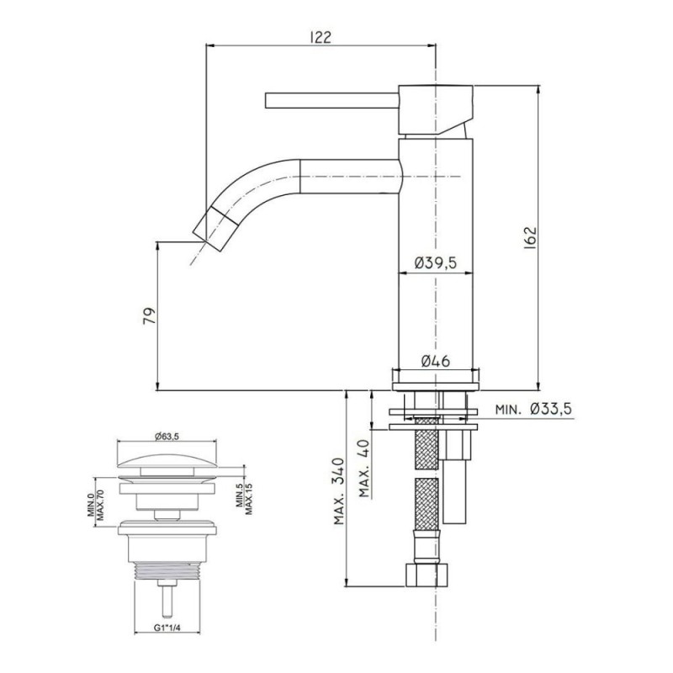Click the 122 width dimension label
pyautogui.click(x=321, y=37)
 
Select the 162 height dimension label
pyautogui.click(x=531, y=237)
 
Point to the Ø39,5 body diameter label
pyautogui.click(x=435, y=262)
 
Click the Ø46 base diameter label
pyautogui.click(x=435, y=361)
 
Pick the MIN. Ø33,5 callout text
pyautogui.click(x=534, y=409)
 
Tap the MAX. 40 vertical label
pyautogui.click(x=364, y=468)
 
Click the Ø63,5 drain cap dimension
pyautogui.click(x=167, y=437)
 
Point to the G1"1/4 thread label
pyautogui.click(x=167, y=628)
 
